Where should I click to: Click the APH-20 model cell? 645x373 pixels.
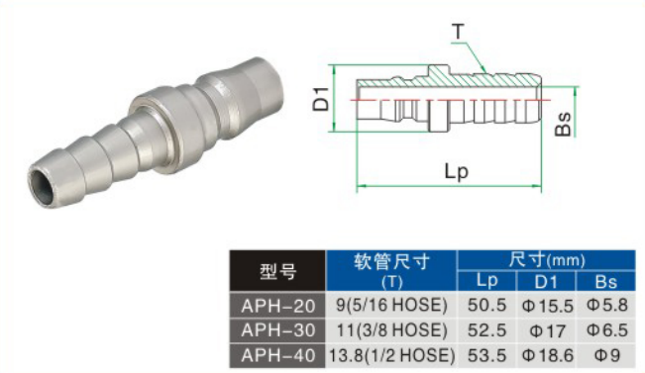coord(277,306)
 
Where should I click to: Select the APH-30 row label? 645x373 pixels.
coord(277,330)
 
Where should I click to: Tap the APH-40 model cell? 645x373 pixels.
coord(277,355)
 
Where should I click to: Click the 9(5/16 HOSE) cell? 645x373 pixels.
coord(391,305)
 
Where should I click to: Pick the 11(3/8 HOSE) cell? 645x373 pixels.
coord(391,330)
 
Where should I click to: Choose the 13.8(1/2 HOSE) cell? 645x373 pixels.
coord(391,355)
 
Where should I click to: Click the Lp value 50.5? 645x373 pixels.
coord(486,305)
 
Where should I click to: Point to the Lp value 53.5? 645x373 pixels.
coord(486,355)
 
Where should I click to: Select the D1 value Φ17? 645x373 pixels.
coord(547,330)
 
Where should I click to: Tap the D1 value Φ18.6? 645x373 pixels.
coord(547,355)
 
